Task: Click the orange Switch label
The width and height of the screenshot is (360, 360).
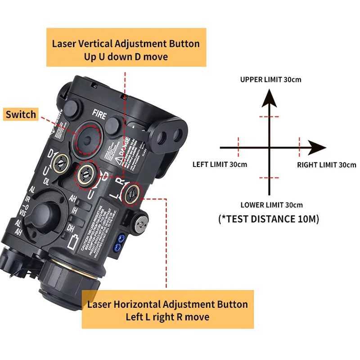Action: pos(21,114)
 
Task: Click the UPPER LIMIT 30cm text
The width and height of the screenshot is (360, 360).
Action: pos(270,80)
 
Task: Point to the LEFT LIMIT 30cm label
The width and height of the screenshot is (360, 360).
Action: pos(220,164)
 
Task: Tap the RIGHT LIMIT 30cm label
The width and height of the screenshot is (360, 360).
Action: pos(326,165)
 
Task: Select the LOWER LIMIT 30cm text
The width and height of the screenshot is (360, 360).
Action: pos(271,205)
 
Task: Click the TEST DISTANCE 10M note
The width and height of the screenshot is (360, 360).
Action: pos(269,219)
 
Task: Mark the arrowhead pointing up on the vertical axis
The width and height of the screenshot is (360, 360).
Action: pos(270,98)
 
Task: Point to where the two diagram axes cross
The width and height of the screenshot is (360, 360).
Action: pos(270,148)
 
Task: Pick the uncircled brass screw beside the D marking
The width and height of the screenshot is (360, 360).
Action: pos(60,160)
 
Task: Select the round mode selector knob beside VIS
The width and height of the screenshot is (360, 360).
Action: pos(45,212)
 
